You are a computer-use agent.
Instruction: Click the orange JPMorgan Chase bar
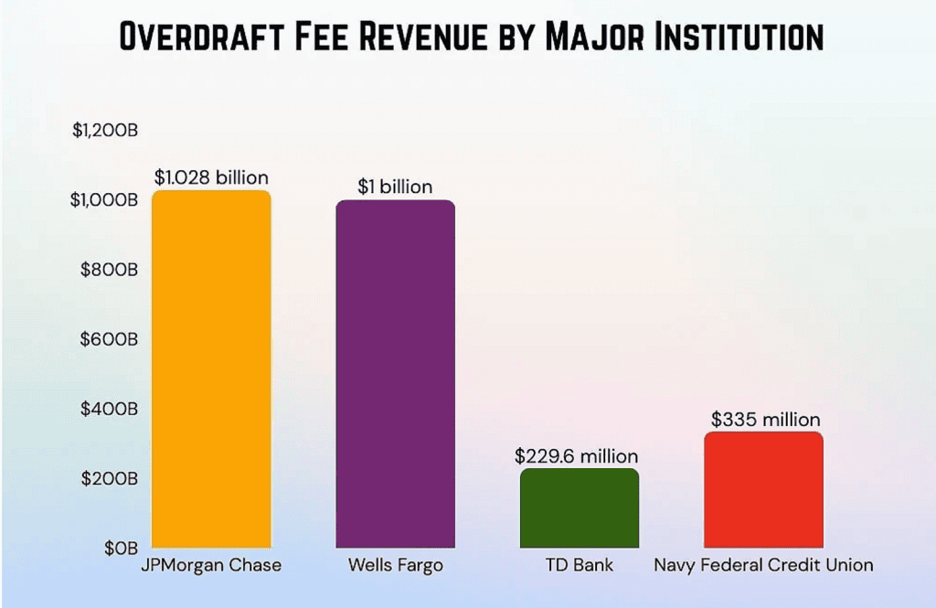pyautogui.click(x=211, y=369)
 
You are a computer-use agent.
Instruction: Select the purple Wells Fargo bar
pyautogui.click(x=395, y=374)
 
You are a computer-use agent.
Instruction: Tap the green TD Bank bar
pyautogui.click(x=580, y=508)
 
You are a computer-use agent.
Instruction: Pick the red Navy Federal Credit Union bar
pyautogui.click(x=764, y=490)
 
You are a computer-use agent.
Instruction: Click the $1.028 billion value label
pyautogui.click(x=211, y=177)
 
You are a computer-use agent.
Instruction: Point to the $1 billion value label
pyautogui.click(x=395, y=187)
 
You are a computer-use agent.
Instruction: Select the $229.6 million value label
pyautogui.click(x=577, y=455)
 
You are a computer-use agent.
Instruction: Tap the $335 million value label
pyautogui.click(x=766, y=420)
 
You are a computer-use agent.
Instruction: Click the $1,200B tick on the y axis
pyautogui.click(x=105, y=131)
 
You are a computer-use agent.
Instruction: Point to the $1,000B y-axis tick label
pyautogui.click(x=104, y=200)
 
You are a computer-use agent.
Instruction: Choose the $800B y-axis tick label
pyautogui.click(x=110, y=270)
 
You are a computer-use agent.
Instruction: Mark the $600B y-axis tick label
pyautogui.click(x=110, y=339)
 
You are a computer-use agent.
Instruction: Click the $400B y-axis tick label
pyautogui.click(x=110, y=409)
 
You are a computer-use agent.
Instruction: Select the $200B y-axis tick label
pyautogui.click(x=110, y=478)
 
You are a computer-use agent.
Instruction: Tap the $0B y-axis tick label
pyautogui.click(x=120, y=548)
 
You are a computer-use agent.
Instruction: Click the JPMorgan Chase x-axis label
pyautogui.click(x=211, y=565)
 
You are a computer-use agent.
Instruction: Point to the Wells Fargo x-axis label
pyautogui.click(x=395, y=565)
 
